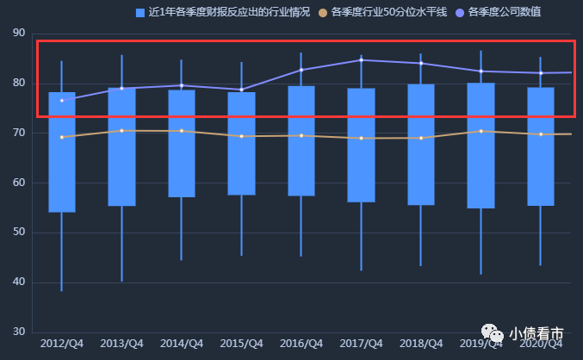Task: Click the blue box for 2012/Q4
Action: tap(61, 152)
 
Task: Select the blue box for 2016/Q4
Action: tap(301, 140)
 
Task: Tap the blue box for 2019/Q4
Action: tap(481, 145)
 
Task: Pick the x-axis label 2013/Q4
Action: tap(121, 344)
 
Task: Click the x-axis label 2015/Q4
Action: tap(241, 344)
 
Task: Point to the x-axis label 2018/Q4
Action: tap(420, 344)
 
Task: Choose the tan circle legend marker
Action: tap(323, 13)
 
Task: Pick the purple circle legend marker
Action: tap(460, 13)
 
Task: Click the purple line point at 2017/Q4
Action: tap(361, 60)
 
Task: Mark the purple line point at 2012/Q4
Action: tap(61, 101)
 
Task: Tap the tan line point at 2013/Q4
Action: tap(121, 131)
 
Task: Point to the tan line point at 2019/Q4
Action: tap(481, 131)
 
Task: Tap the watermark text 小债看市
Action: tap(536, 334)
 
